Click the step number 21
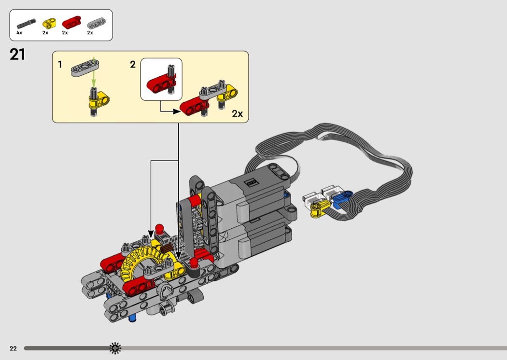coord(17,55)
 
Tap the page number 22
coord(13,348)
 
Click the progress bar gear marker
coord(115,347)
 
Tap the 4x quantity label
coord(19,33)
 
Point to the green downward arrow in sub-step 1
coord(93,79)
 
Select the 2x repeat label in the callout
coord(237,114)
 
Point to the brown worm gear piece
coord(167,249)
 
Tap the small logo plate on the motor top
coord(252,183)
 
